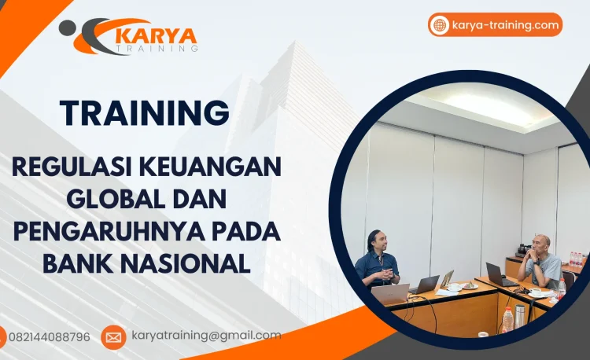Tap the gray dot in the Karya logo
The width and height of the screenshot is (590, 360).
pyautogui.click(x=67, y=28)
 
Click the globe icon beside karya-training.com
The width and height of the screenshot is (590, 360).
pyautogui.click(x=440, y=25)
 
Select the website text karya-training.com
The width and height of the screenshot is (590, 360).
pyautogui.click(x=506, y=25)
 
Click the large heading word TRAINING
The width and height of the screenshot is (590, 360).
pyautogui.click(x=145, y=112)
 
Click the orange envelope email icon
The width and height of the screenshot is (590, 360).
pyautogui.click(x=113, y=337)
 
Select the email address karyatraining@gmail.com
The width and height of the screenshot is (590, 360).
pyautogui.click(x=206, y=336)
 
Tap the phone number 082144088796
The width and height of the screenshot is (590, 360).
pyautogui.click(x=49, y=337)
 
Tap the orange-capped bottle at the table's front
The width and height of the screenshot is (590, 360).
pyautogui.click(x=508, y=318)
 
